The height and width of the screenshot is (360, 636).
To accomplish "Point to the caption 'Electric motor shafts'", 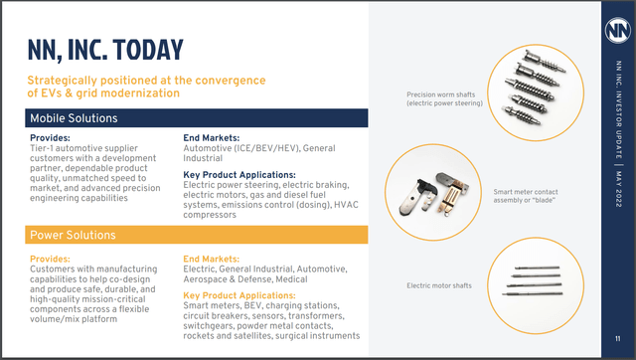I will (x=438, y=286).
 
